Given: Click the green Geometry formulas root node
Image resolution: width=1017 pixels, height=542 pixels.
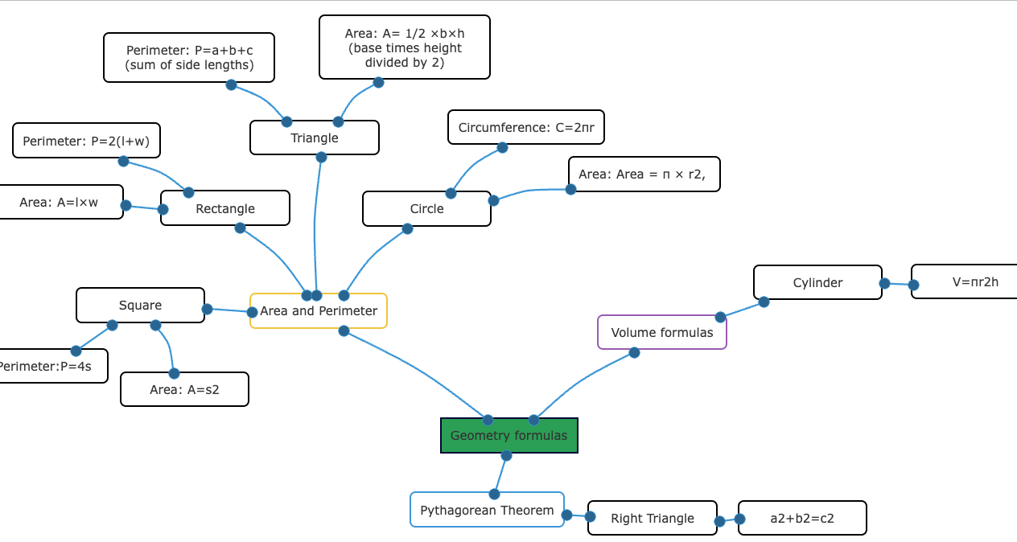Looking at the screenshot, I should pyautogui.click(x=508, y=436).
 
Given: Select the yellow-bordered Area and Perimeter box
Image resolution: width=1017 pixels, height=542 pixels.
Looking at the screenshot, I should pyautogui.click(x=319, y=311).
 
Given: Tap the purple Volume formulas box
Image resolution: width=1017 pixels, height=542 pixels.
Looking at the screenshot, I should pyautogui.click(x=661, y=332).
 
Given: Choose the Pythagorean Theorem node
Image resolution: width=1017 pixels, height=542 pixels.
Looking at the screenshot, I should pyautogui.click(x=487, y=510).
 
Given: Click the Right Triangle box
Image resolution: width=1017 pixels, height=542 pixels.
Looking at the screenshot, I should pyautogui.click(x=652, y=518).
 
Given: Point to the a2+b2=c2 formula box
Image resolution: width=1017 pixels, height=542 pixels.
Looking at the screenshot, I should pyautogui.click(x=801, y=518).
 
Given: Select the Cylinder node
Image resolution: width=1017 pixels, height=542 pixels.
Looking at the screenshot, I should pyautogui.click(x=817, y=282).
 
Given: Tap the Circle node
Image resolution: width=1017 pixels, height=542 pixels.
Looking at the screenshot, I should pyautogui.click(x=426, y=209).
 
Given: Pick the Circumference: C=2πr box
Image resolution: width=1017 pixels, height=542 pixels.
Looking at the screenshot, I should pyautogui.click(x=525, y=127).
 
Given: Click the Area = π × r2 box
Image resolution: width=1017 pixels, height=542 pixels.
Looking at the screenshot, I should pyautogui.click(x=644, y=175).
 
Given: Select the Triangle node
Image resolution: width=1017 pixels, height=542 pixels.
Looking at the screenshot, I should pyautogui.click(x=314, y=138).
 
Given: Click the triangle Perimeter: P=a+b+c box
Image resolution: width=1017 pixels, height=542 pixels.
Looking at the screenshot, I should pyautogui.click(x=189, y=57).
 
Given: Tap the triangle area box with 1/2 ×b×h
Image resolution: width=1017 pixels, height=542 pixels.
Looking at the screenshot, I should pyautogui.click(x=404, y=47).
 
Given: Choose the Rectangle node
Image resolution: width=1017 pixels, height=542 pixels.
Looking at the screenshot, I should pyautogui.click(x=224, y=208).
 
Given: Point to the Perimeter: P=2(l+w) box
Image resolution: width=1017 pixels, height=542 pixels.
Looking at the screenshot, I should pyautogui.click(x=86, y=141).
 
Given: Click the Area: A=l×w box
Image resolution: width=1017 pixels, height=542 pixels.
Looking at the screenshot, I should pyautogui.click(x=60, y=202).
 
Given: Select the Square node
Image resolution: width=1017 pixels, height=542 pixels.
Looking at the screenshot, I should pyautogui.click(x=140, y=306).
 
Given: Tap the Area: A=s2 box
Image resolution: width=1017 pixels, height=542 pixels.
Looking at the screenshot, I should pyautogui.click(x=184, y=389).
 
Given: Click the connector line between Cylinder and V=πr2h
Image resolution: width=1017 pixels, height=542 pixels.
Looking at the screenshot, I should pyautogui.click(x=899, y=284).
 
